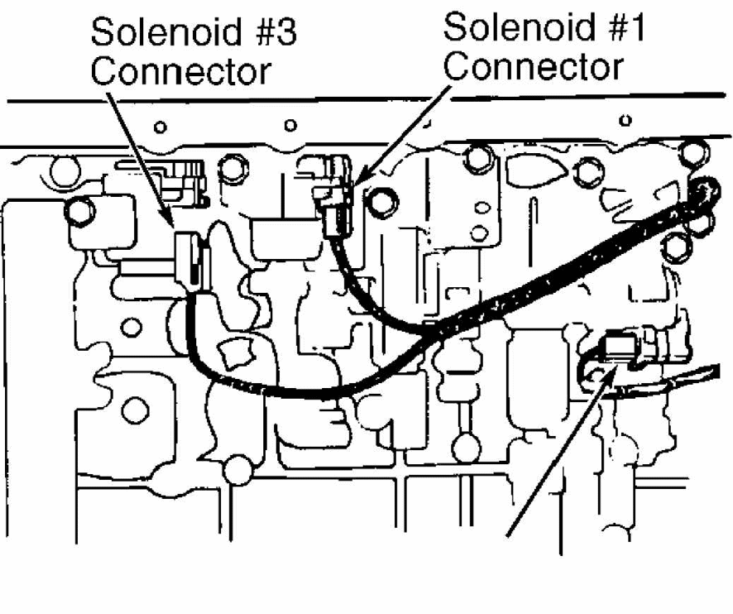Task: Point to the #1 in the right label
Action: [x=621, y=27]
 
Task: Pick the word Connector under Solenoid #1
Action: [x=534, y=66]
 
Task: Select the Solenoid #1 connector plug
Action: [x=333, y=197]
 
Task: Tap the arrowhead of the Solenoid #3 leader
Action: [x=169, y=221]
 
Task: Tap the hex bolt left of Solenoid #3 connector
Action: [x=80, y=211]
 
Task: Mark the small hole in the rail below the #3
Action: [x=290, y=125]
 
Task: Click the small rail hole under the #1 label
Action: [x=625, y=120]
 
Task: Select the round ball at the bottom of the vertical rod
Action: [x=466, y=448]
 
